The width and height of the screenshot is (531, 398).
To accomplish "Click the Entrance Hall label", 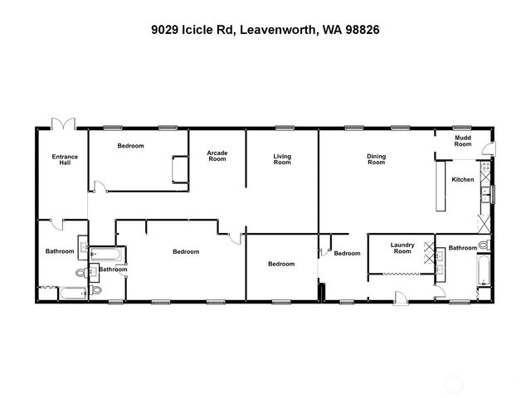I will pos(65,159).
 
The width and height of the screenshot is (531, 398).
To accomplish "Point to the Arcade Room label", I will pos(217,156).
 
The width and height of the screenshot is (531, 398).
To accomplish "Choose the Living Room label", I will pos(282,159).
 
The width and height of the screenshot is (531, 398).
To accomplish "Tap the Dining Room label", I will pos(377,159).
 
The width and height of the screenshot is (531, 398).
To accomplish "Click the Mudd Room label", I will pos(462,141).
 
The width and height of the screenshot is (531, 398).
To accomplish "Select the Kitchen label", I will pos(462,180).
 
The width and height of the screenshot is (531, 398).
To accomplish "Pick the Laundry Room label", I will pos(402,248).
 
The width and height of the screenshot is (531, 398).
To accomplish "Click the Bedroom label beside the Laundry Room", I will pos(347,253).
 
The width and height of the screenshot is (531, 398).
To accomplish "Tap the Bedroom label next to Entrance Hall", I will pos(130,146).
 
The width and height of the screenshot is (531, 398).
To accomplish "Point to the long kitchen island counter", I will pos(440,185).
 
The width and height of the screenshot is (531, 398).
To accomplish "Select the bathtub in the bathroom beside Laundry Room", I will pos(482,273).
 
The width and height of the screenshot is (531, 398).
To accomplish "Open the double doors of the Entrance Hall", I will pos(63,124).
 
